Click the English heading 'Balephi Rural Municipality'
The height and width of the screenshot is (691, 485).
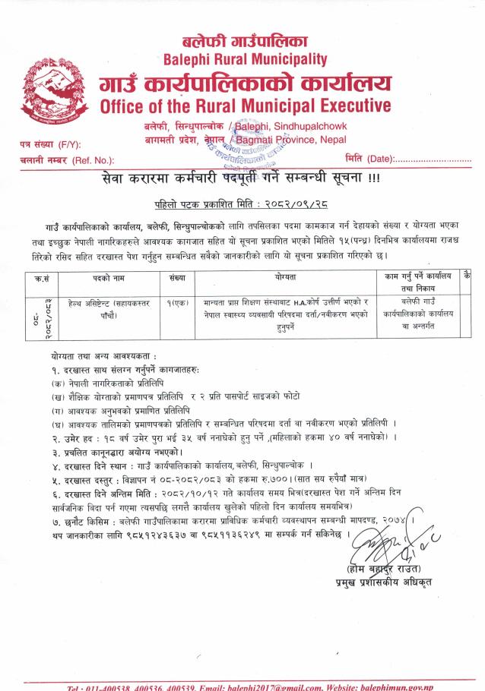coord(245,58)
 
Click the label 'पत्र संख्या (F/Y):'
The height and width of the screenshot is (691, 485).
coord(50,145)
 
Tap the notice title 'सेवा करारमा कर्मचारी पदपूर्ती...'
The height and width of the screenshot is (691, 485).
coord(242,180)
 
